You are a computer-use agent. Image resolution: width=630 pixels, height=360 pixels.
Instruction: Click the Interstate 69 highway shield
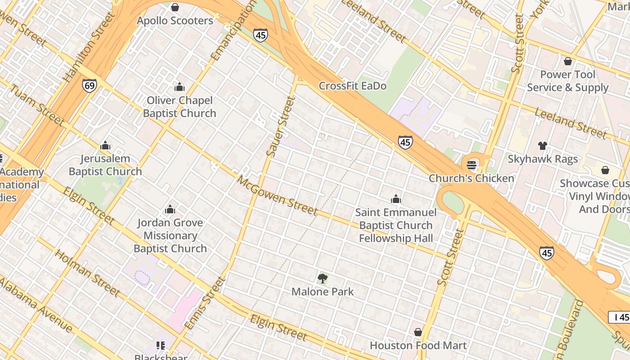coord(89,85)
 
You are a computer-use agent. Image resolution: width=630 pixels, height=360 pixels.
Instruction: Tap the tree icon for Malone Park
coord(322,279)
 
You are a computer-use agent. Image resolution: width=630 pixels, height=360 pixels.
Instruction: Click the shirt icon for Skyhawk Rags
coord(543,146)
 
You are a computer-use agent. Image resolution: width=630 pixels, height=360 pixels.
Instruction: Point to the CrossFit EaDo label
coord(352,86)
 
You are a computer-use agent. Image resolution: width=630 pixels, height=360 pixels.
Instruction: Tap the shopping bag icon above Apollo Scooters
coord(175,7)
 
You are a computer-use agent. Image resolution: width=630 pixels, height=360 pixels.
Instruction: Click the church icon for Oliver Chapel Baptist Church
coord(180,87)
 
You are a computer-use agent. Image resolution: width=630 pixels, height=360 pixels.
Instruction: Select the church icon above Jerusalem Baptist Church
coord(105,145)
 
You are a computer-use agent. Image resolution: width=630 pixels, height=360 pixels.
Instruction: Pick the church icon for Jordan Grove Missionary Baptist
coord(170,209)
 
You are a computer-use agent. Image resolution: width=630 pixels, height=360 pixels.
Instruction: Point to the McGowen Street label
coord(277,195)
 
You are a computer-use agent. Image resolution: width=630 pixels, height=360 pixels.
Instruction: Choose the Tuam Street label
coord(37,104)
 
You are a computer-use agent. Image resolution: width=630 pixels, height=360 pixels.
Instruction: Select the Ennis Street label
coord(211,303)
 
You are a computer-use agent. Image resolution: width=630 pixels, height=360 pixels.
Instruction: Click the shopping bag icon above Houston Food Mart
coord(418,332)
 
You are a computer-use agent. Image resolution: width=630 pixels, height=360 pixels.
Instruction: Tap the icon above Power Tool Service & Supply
coord(568,61)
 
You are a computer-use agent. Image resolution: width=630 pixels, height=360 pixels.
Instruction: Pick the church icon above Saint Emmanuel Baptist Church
coord(396,199)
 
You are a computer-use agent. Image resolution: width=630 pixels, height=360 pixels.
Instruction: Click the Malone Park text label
coord(323,292)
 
